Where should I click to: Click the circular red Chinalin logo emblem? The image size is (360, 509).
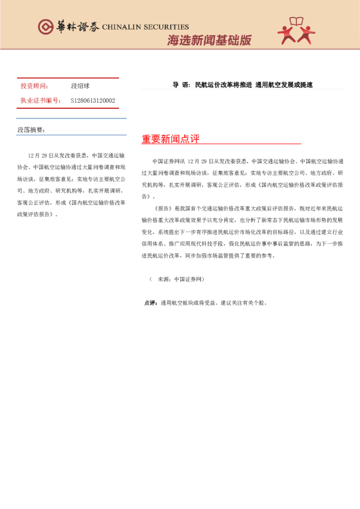[45, 27]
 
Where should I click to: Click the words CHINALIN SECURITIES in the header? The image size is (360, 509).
[145, 27]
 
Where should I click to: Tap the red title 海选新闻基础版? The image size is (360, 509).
[209, 41]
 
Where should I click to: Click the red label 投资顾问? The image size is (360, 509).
[34, 86]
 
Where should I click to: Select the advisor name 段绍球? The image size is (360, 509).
[80, 86]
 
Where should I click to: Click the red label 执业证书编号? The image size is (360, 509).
[41, 100]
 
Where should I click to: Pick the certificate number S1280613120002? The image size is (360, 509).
[93, 100]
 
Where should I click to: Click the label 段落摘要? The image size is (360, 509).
[31, 130]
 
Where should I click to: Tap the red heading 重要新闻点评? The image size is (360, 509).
[170, 139]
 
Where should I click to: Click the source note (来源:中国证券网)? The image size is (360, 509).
[177, 279]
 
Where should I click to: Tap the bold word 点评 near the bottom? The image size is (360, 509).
[151, 303]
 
